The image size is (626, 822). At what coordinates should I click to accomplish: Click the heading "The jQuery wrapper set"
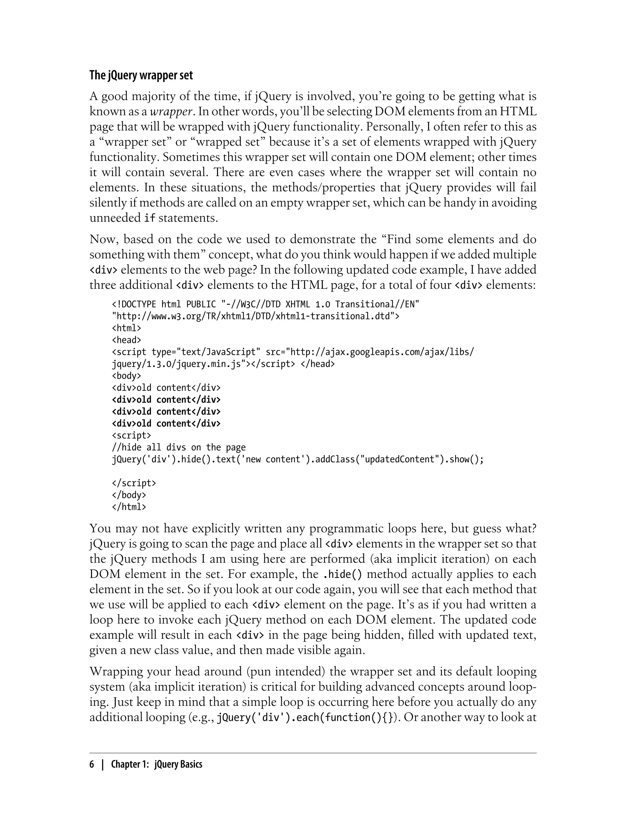point(141,75)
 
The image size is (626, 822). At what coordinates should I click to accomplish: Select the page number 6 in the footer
point(92,764)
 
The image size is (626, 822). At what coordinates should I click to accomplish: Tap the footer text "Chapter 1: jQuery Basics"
point(156,764)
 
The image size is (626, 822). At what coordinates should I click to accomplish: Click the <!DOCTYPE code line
point(265,304)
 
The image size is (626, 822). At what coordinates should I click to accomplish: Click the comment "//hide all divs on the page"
point(179,447)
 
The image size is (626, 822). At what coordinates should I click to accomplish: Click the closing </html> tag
point(129,507)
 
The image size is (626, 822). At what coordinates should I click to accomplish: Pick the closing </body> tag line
point(129,495)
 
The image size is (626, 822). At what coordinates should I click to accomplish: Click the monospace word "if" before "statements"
point(149,218)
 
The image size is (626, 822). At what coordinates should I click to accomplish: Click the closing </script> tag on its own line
point(134,483)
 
